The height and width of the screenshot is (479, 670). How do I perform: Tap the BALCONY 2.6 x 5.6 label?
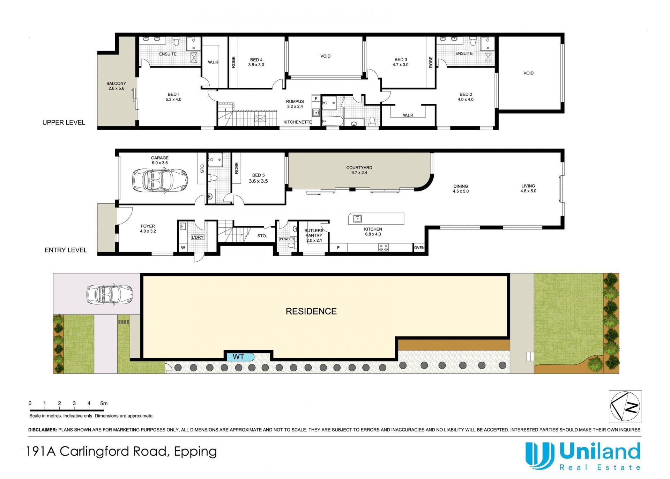click(x=116, y=86)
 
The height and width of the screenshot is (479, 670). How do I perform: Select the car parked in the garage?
click(x=160, y=180)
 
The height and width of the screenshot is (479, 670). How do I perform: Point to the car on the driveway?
click(x=110, y=294)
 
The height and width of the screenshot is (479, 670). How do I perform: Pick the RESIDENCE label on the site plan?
click(x=311, y=311)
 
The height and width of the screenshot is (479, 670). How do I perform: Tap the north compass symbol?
click(x=625, y=406)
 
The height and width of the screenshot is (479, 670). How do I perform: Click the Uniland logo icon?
click(x=540, y=456)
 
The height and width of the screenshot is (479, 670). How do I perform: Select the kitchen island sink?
click(x=357, y=219)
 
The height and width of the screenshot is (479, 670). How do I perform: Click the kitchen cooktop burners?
click(x=384, y=247)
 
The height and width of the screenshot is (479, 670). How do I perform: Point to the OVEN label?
click(x=419, y=248)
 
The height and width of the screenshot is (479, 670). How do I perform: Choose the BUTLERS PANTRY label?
click(x=314, y=233)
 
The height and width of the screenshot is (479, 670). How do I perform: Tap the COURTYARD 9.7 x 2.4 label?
click(x=359, y=170)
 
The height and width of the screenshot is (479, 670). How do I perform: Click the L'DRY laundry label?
click(x=198, y=237)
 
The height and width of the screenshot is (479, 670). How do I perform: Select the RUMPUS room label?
click(x=295, y=101)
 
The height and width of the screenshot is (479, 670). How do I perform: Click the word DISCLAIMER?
click(x=43, y=430)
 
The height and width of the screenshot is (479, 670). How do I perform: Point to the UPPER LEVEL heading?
click(x=64, y=122)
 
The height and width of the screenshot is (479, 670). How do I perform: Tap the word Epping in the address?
click(x=195, y=451)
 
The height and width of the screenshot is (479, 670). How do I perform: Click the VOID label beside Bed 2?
click(x=528, y=73)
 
